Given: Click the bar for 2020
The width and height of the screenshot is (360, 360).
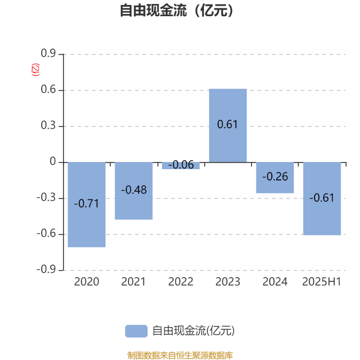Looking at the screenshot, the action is click(86, 205).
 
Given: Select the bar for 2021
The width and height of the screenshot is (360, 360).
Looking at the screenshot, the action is click(134, 191).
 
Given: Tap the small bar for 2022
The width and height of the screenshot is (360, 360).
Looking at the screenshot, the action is click(181, 166).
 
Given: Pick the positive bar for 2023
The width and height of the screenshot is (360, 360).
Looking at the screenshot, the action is click(228, 126).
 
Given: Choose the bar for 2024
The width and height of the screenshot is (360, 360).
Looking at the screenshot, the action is click(275, 178).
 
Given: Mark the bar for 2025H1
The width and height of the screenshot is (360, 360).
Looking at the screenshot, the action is click(322, 198).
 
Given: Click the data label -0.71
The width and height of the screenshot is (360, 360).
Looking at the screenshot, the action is click(86, 204).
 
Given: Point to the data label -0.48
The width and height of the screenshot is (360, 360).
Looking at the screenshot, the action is click(134, 190).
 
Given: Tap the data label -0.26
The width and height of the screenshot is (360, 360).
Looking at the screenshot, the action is click(275, 176).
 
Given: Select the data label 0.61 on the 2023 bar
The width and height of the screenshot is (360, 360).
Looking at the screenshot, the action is click(228, 125).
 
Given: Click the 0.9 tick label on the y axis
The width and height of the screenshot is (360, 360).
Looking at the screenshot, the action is click(48, 53).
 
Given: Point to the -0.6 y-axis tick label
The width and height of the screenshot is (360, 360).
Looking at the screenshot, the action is click(46, 234).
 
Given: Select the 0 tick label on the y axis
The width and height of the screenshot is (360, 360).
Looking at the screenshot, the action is click(53, 162).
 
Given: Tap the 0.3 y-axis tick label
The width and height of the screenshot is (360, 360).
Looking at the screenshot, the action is click(48, 126).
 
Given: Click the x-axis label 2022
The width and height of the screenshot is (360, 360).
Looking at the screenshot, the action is click(181, 282).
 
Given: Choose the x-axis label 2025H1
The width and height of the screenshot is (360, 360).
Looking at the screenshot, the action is click(322, 282).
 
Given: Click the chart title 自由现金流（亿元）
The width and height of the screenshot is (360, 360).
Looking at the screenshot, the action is click(176, 10).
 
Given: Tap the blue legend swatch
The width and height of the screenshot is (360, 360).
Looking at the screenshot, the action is click(136, 331).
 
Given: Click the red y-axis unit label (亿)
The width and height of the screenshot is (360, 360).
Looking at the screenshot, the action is click(36, 70).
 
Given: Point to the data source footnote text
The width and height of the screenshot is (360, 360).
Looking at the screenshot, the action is click(180, 355).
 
